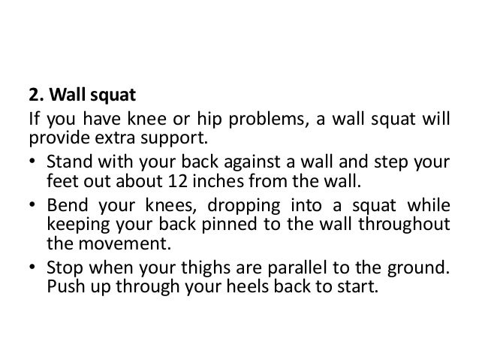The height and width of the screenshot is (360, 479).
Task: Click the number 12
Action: tap(198, 181)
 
